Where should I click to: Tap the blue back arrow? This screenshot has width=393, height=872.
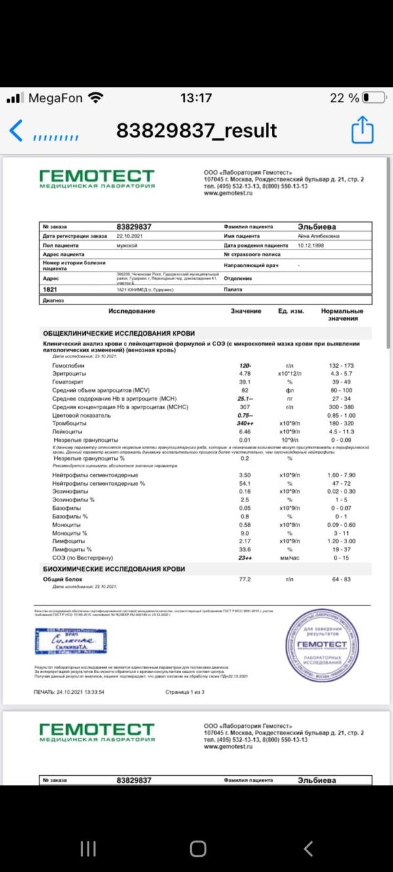pos(16,131)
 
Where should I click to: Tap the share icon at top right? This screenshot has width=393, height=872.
pos(362,130)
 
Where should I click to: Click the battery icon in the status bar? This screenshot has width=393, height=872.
pos(374,98)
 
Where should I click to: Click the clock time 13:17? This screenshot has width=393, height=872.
pos(196,98)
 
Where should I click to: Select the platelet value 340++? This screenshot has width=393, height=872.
pos(246,424)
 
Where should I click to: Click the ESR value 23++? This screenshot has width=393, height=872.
pos(246,558)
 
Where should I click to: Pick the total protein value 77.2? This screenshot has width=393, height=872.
pos(245,579)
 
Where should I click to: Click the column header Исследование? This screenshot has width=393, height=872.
pos(132,311)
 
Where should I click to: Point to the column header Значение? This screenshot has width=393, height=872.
pos(246,311)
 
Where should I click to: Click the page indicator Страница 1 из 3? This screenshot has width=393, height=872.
pos(185,691)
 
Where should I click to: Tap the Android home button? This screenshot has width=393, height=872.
pos(198,849)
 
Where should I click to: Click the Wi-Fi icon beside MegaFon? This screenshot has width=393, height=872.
pos(96,98)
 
